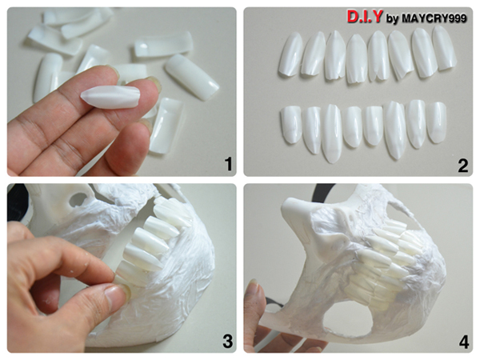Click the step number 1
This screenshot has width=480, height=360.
tap(228, 164)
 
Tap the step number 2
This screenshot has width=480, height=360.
tap(463, 166)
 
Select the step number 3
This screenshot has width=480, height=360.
tap(227, 341)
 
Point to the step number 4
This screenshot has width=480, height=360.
tap(463, 342)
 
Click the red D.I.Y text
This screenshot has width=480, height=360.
tap(364, 17)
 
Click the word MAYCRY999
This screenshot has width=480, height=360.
tap(434, 18)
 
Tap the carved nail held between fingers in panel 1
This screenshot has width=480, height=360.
tap(110, 96)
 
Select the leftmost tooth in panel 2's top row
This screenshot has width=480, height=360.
tap(290, 54)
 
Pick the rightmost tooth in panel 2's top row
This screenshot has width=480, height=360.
tap(444, 48)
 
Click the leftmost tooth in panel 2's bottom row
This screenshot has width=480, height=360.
tap(291, 124)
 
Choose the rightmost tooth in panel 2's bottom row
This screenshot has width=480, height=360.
tap(436, 122)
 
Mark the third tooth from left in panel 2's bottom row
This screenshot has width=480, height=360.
tap(332, 133)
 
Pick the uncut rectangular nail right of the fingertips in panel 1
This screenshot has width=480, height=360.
tap(192, 77)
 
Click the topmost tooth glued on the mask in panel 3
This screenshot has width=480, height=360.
tap(171, 212)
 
